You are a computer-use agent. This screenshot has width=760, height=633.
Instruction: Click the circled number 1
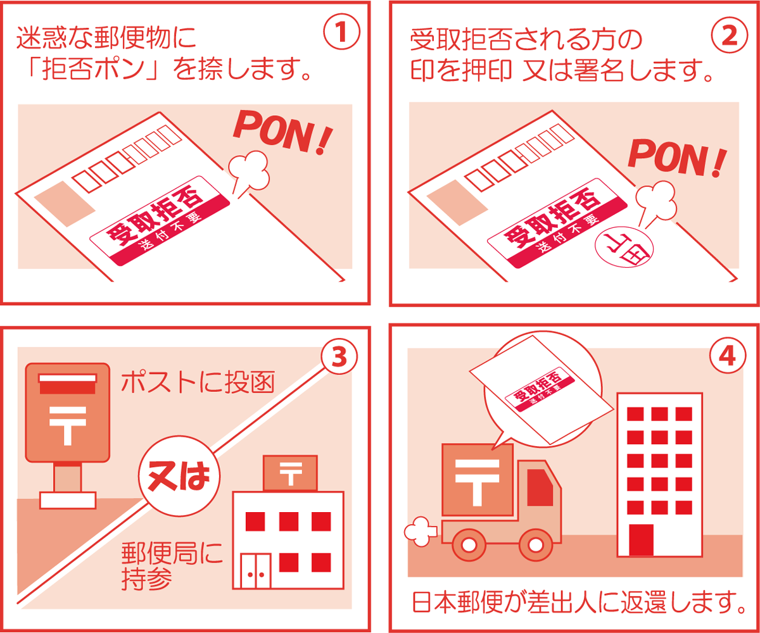point(341,32)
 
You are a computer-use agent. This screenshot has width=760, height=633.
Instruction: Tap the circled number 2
point(730,35)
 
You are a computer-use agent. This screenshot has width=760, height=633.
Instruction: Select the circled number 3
point(339,356)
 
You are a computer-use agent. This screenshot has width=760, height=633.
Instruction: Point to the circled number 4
point(728,355)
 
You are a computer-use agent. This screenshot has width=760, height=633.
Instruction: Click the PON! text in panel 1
point(283,133)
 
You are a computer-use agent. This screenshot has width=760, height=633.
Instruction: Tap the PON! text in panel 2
point(677,158)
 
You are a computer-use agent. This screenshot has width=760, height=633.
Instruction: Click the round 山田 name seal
point(624,249)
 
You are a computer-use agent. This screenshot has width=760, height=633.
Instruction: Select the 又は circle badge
point(179,476)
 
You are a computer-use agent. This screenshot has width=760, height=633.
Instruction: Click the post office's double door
point(256,571)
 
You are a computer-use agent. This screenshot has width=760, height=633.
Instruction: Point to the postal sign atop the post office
point(291,473)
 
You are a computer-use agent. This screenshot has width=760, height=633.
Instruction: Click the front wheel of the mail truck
point(536,545)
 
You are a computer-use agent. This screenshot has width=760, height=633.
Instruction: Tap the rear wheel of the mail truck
point(469,545)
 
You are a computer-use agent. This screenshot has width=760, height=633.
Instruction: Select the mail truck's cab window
point(540,487)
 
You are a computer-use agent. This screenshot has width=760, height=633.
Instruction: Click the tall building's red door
point(641,540)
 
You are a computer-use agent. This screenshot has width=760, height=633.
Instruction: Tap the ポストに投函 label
point(198,382)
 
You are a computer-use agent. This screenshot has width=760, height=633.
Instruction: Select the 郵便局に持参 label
point(172,566)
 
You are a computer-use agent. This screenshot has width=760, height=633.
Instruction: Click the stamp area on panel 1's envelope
point(65,204)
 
